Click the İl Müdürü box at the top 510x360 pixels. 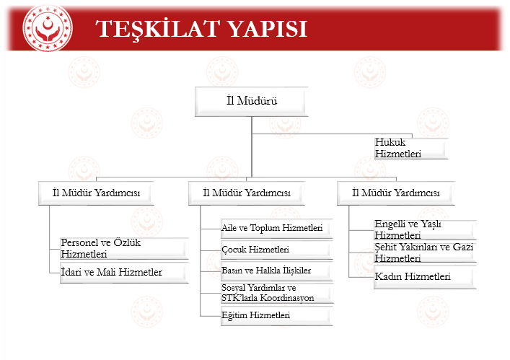tap(252, 102)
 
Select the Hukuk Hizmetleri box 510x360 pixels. tap(411, 149)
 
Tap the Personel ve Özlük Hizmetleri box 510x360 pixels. tap(124, 248)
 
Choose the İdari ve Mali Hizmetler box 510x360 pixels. tap(124, 273)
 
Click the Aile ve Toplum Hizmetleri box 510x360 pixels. tap(277, 229)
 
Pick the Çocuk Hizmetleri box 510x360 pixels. tap(277, 250)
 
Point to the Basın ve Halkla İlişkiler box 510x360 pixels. tap(277, 271)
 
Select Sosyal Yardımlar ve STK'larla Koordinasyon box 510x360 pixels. tap(277, 293)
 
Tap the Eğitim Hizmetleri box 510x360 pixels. tap(277, 315)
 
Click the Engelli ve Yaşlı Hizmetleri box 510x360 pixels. tap(425, 229)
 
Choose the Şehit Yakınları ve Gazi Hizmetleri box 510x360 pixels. tap(425, 253)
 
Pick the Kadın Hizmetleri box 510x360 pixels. tap(425, 277)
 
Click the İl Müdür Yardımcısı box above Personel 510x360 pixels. tap(96, 193)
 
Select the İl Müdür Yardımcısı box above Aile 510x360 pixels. tap(247, 193)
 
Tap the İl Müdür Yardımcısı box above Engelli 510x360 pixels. tap(396, 193)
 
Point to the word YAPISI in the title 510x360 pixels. tap(267, 29)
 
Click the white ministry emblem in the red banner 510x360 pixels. tap(48, 28)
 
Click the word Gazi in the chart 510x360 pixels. tap(463, 247)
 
